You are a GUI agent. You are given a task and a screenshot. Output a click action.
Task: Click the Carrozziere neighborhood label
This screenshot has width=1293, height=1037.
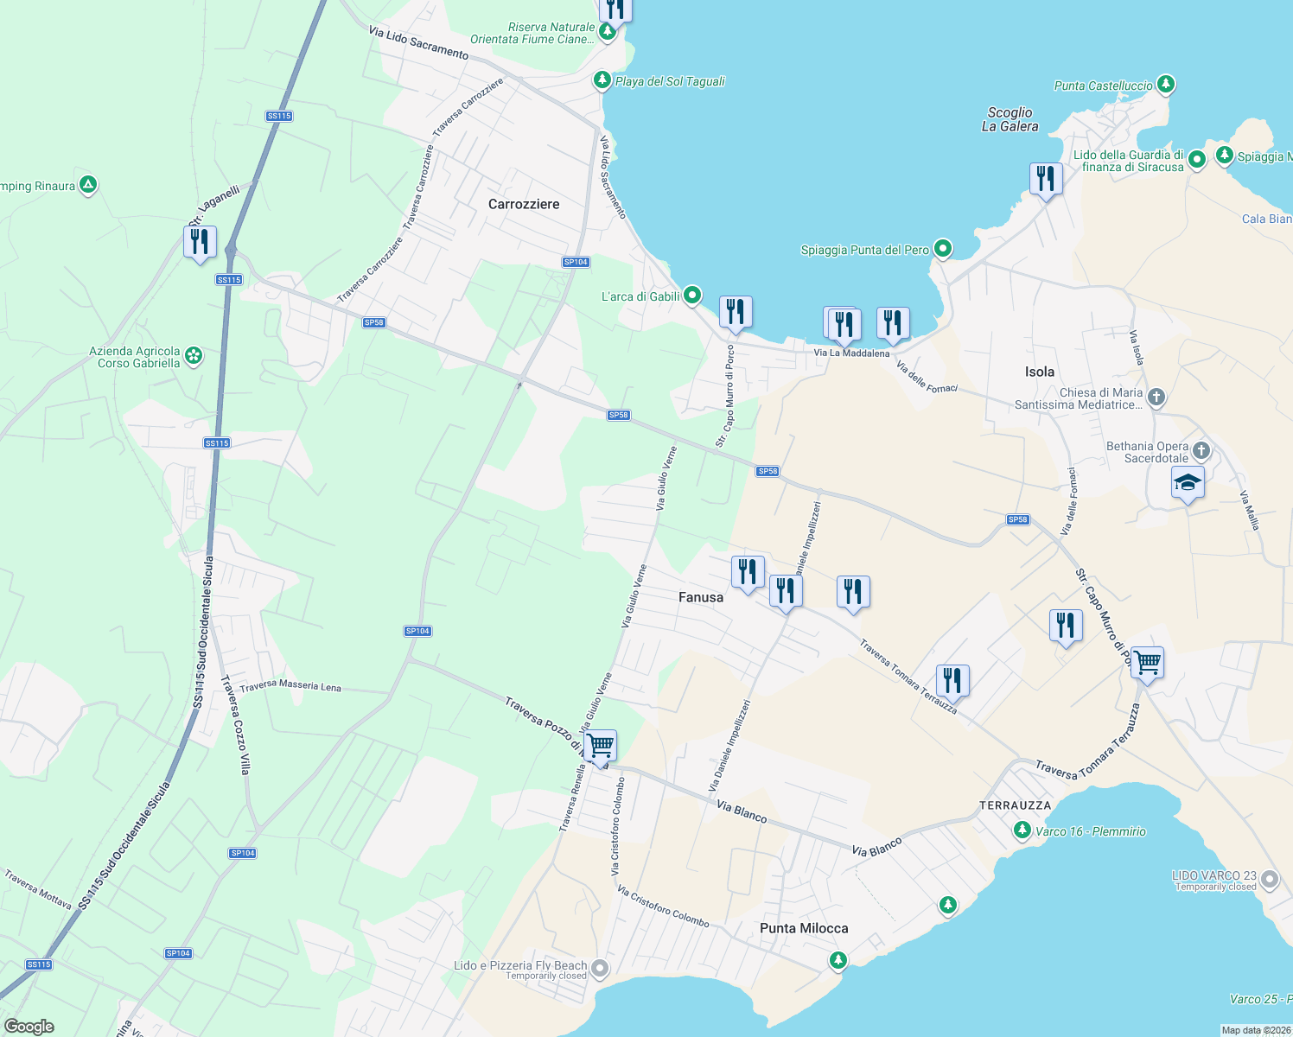tap(524, 204)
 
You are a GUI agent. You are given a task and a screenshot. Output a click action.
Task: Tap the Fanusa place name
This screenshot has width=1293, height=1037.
tap(700, 597)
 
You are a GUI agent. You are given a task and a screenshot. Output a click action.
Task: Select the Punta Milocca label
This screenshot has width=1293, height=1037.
tap(804, 928)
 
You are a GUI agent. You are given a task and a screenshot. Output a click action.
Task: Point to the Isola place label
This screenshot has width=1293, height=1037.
tap(1039, 372)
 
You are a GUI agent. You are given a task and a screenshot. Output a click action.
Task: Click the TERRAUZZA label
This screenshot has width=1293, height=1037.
tap(1015, 805)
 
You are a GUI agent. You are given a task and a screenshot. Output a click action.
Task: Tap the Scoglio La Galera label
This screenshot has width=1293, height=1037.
tap(1010, 119)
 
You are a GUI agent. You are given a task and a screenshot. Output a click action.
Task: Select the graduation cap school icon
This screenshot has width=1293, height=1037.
tap(1188, 483)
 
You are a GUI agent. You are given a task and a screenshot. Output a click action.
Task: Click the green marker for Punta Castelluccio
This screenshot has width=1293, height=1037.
tap(1166, 85)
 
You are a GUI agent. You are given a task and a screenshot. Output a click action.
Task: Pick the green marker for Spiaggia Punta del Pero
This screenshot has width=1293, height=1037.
tap(943, 250)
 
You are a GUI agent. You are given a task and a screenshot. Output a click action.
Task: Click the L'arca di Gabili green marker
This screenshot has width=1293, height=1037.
tap(691, 296)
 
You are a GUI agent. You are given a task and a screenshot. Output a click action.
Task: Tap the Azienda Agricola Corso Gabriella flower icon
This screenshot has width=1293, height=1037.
tap(194, 356)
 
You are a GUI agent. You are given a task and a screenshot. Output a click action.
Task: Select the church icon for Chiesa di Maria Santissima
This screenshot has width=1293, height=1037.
tap(1156, 398)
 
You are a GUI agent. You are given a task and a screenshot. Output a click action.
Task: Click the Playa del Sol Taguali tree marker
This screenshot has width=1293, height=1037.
tap(602, 80)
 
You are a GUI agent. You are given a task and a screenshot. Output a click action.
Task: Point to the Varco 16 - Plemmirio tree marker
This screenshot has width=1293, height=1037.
tap(1022, 830)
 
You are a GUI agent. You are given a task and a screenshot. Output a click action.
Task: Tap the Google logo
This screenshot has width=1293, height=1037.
tap(29, 1026)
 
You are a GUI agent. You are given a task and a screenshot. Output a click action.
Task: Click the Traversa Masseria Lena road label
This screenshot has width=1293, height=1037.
tap(290, 686)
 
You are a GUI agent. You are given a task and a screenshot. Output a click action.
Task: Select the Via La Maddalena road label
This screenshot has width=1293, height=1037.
tap(851, 353)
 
